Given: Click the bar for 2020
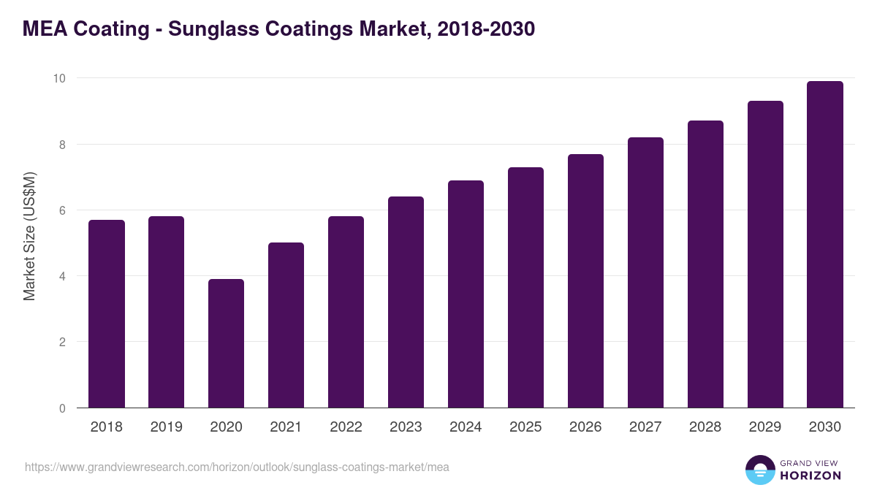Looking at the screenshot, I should pyautogui.click(x=226, y=343).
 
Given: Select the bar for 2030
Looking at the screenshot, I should pyautogui.click(x=824, y=245).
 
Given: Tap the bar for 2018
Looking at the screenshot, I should pyautogui.click(x=106, y=314).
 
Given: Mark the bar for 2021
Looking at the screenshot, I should pyautogui.click(x=286, y=325).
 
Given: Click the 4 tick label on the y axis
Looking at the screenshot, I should pyautogui.click(x=63, y=276).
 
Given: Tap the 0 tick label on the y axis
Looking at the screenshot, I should pyautogui.click(x=63, y=408).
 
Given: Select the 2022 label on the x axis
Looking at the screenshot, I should pyautogui.click(x=346, y=427).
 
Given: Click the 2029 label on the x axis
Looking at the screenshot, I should pyautogui.click(x=764, y=427).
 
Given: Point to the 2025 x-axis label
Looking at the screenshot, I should pyautogui.click(x=525, y=427).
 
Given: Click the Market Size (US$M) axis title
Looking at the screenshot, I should pyautogui.click(x=29, y=236).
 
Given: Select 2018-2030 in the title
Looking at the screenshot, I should pyautogui.click(x=486, y=29).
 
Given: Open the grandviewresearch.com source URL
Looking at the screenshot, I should pyautogui.click(x=237, y=467).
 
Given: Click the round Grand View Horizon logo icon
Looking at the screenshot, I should pyautogui.click(x=760, y=470).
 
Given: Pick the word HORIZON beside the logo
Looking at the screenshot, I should pyautogui.click(x=810, y=475).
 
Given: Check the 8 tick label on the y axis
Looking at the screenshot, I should pyautogui.click(x=63, y=144).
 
